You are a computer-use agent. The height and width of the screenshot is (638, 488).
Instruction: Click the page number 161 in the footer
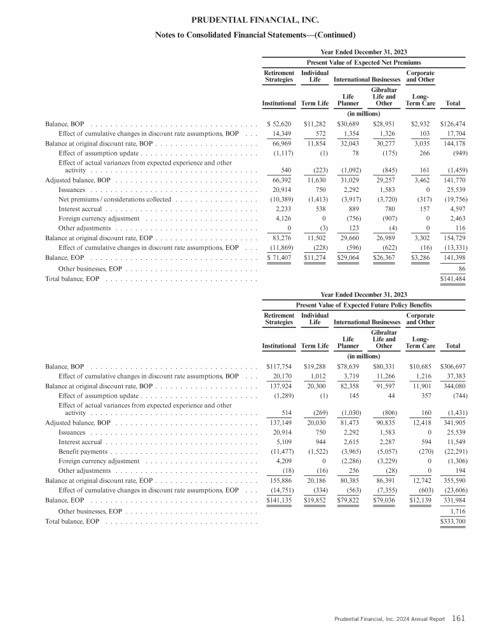coord(459,617)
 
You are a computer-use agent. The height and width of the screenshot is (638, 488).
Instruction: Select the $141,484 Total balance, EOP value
coord(452,279)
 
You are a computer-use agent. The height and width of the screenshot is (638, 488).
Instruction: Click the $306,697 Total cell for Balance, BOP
coord(452,367)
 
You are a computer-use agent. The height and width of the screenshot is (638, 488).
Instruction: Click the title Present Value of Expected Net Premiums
coord(365,62)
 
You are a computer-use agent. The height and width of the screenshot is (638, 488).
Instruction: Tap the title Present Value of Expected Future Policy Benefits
coord(365,306)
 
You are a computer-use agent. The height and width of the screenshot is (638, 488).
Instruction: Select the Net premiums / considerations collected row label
coord(115,200)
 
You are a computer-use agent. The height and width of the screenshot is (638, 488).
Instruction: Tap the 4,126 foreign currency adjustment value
coord(283,219)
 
